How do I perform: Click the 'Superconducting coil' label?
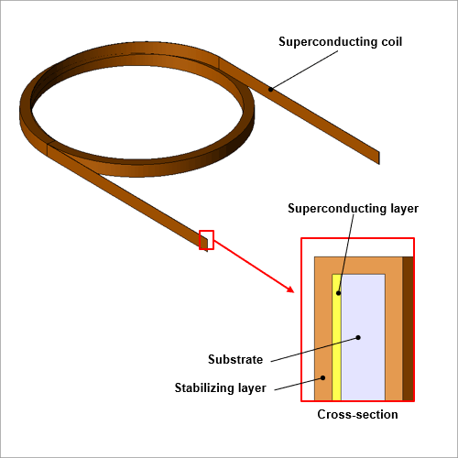point(340,42)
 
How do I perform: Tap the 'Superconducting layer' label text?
point(353,209)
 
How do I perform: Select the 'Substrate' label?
point(235,359)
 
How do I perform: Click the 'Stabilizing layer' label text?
point(220,388)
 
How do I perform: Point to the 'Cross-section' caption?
point(357,414)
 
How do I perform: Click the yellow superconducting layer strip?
point(337,337)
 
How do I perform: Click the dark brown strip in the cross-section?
point(408,329)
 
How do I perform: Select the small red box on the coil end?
point(206,240)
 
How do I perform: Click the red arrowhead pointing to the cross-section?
point(290,289)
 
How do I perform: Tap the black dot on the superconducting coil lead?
point(270,90)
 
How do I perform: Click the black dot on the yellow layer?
point(338,293)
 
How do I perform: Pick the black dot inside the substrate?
point(358,337)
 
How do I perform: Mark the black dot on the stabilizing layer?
point(323,377)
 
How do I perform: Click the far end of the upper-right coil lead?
point(379,158)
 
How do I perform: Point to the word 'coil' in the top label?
point(392,42)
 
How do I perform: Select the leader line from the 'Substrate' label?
point(315,349)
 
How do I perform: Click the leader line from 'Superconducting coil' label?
point(304,70)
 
